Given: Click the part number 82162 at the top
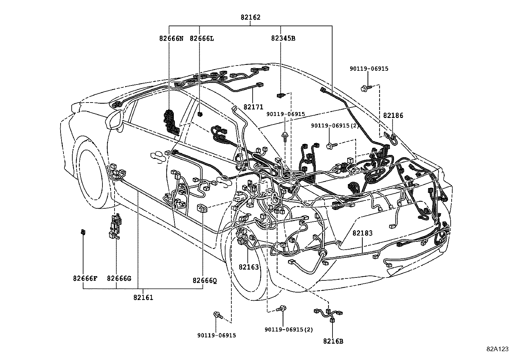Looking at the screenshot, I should point(250,18).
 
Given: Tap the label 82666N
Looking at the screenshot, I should point(171,38).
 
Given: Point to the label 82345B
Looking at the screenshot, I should point(283,38).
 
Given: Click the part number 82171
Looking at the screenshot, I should point(253,107).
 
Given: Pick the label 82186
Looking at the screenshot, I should point(393,115).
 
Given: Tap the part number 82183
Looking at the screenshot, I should point(362,233).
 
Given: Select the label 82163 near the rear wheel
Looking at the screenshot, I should point(248,267).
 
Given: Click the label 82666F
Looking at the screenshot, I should point(85,279).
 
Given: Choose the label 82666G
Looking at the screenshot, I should point(119,279).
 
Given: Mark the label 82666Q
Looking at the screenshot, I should point(205,281).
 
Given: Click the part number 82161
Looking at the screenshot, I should point(143,297).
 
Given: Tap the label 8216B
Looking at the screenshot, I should point(333,341).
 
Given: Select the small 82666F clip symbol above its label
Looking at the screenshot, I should point(83,232).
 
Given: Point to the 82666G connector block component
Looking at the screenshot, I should point(115,226).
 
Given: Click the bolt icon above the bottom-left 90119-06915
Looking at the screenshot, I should point(218,315).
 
